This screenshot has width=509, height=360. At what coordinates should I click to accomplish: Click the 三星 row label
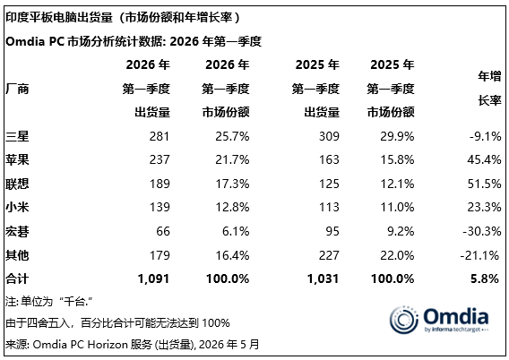click(17, 136)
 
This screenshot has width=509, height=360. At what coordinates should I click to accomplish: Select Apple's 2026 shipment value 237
click(160, 159)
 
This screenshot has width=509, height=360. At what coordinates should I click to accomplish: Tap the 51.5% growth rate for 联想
click(484, 184)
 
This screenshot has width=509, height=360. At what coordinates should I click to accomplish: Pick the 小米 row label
click(17, 207)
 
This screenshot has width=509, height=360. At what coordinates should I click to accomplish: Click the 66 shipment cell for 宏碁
click(163, 231)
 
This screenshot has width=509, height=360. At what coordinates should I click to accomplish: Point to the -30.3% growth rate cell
click(482, 231)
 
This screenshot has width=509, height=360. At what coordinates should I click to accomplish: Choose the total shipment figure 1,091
click(153, 279)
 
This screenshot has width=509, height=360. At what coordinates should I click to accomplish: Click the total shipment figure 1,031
click(323, 279)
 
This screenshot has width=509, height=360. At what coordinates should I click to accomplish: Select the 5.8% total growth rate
click(485, 279)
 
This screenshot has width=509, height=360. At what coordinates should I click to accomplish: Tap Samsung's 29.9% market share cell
click(397, 136)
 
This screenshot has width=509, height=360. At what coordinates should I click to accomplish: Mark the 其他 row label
click(17, 255)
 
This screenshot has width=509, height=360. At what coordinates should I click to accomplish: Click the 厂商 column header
click(17, 89)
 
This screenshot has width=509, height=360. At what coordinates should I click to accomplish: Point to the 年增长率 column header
click(489, 89)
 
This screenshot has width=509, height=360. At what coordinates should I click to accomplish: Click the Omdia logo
click(439, 320)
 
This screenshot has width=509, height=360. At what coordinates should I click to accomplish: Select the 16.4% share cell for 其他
click(232, 255)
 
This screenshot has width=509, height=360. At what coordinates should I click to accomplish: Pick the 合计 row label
click(17, 279)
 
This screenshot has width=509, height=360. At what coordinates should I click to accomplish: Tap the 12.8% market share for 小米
click(232, 207)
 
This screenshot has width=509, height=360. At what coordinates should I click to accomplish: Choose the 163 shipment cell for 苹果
click(329, 159)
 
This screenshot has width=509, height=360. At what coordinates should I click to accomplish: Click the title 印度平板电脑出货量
click(59, 17)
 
